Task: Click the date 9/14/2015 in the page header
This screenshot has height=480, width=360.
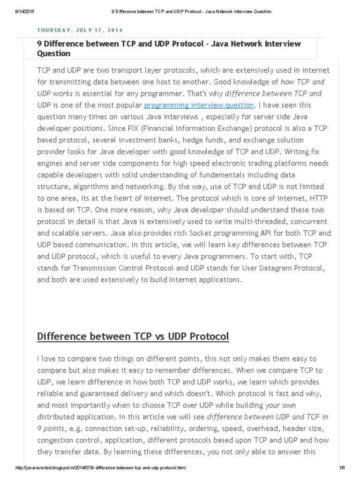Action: click(18, 11)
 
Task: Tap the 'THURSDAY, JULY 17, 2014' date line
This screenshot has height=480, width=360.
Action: click(80, 30)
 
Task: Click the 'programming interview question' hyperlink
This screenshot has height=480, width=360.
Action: click(199, 105)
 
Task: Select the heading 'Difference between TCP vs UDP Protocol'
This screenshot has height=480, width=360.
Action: click(133, 337)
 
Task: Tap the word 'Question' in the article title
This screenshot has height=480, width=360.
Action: click(54, 53)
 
